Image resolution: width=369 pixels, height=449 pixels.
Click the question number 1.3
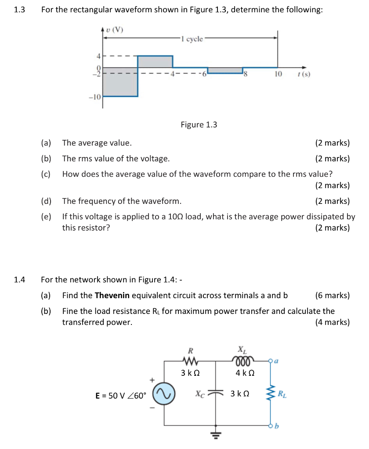[19, 10]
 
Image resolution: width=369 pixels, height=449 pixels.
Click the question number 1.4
[19, 280]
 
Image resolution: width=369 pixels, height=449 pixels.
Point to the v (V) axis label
[115, 30]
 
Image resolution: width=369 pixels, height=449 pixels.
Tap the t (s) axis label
[304, 75]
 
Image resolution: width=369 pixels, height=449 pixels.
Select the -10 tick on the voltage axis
[95, 96]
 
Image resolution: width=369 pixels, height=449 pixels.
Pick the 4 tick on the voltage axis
[99, 56]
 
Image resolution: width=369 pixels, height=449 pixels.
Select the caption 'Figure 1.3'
[199, 125]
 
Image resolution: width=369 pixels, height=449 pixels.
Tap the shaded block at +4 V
[155, 61]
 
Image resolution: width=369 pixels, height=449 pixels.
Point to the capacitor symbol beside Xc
[216, 394]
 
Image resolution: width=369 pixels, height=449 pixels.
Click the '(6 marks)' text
[333, 296]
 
